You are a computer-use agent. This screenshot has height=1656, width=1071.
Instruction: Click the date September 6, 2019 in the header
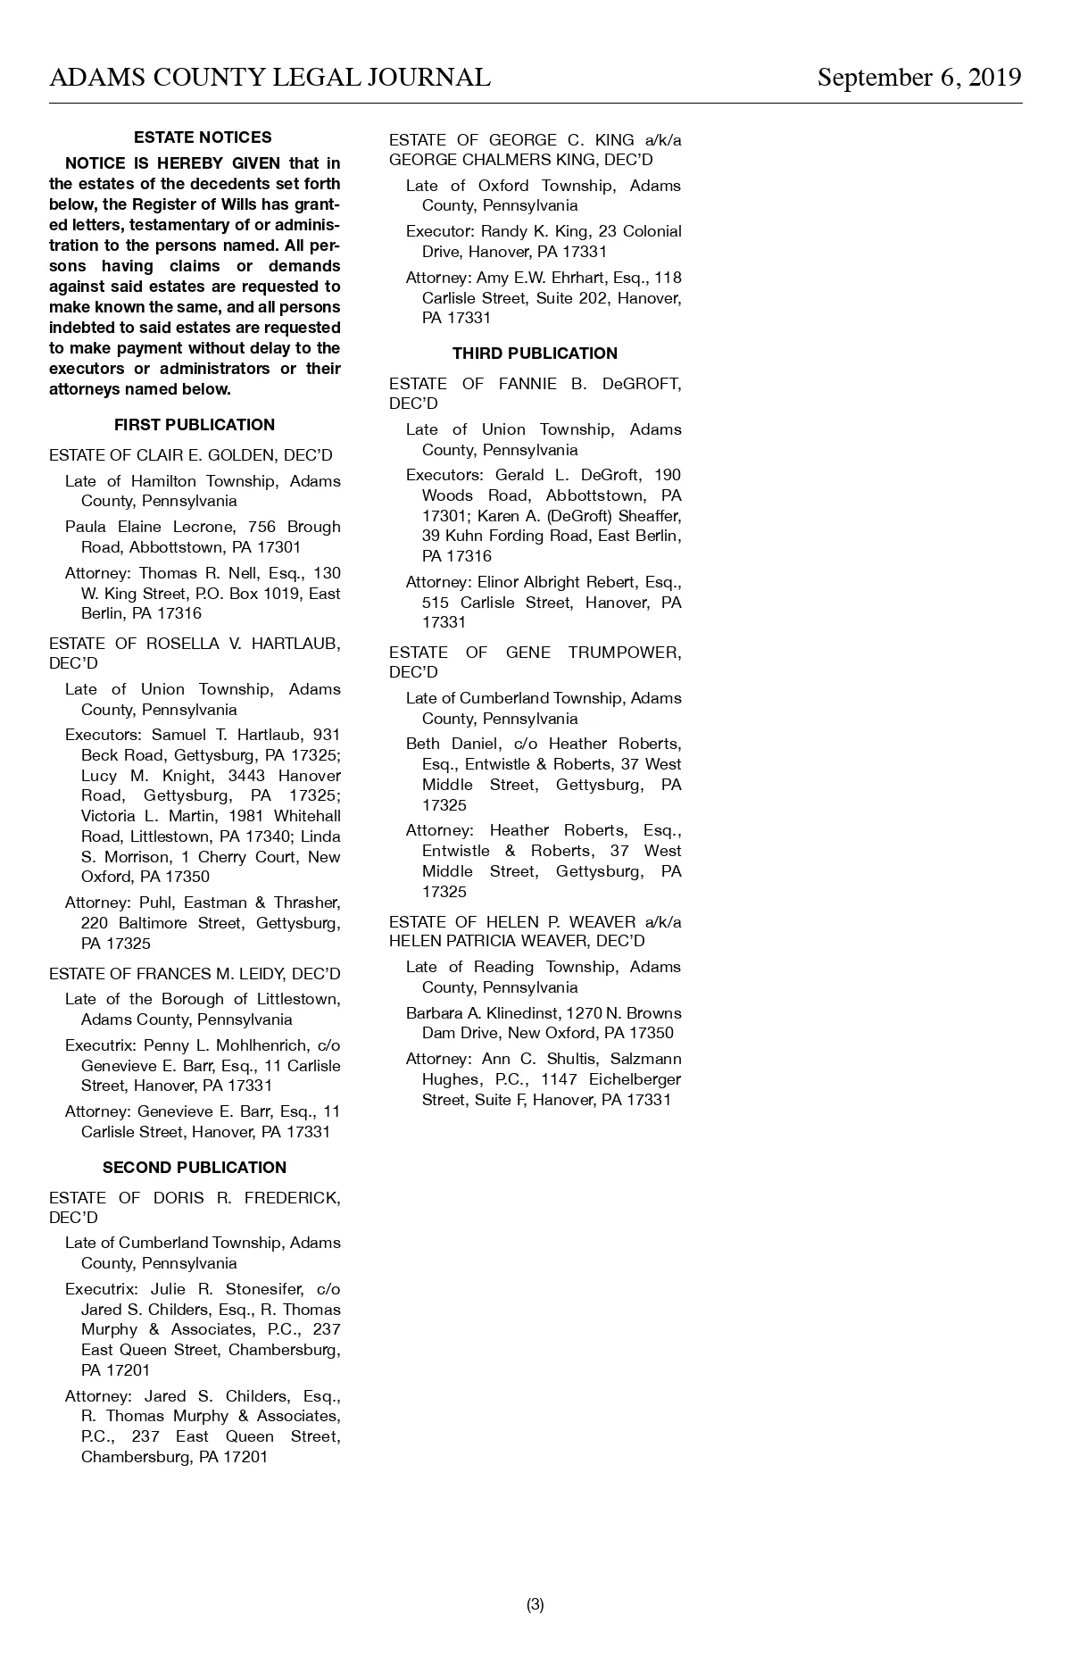click(x=919, y=78)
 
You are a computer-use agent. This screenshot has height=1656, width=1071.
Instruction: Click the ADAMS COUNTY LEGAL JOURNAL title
click(x=270, y=78)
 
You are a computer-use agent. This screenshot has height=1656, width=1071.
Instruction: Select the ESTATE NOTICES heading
click(x=203, y=137)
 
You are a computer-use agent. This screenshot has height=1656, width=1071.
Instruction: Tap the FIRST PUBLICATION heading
click(x=195, y=425)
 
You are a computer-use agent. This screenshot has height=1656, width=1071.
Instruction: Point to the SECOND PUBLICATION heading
click(x=195, y=1168)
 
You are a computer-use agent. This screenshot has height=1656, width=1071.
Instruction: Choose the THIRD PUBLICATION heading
click(x=535, y=354)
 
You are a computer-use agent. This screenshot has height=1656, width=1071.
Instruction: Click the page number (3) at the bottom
click(x=535, y=1604)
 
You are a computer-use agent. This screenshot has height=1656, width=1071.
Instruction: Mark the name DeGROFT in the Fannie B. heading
click(x=642, y=384)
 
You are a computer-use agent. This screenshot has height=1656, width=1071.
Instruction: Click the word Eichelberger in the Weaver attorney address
click(x=635, y=1079)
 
